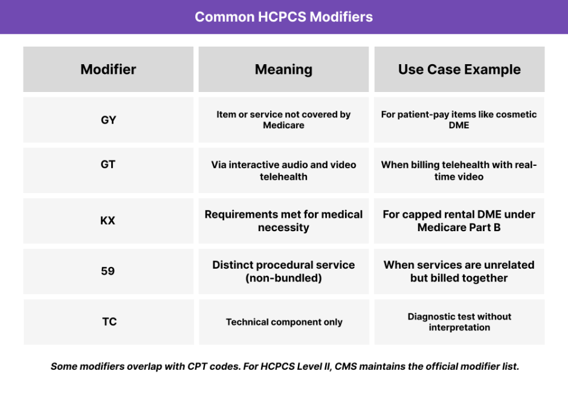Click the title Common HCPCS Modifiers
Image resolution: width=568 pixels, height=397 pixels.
click(x=283, y=16)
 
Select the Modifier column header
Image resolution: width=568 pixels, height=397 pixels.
click(x=108, y=70)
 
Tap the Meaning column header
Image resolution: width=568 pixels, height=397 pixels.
click(x=283, y=70)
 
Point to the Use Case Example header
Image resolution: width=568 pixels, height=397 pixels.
click(x=459, y=70)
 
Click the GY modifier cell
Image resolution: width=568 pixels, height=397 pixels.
click(x=108, y=120)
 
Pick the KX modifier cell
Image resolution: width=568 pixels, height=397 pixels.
click(x=108, y=221)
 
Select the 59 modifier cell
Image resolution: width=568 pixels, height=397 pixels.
click(x=108, y=271)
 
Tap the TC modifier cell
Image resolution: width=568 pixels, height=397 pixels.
click(x=109, y=321)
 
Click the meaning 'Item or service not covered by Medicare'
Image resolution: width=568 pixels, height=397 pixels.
click(x=283, y=120)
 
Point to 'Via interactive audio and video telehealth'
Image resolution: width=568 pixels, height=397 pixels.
click(x=283, y=171)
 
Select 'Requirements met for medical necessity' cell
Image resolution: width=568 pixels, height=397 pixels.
click(x=283, y=221)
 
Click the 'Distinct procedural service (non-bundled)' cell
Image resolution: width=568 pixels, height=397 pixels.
click(x=283, y=271)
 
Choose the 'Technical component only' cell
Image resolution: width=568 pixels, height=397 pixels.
click(x=284, y=322)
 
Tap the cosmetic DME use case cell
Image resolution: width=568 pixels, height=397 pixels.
click(x=459, y=120)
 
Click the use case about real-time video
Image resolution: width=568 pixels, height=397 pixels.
click(x=459, y=171)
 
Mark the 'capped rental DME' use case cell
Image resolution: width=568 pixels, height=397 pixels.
click(x=459, y=221)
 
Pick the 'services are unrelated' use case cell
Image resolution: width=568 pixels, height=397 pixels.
click(x=459, y=271)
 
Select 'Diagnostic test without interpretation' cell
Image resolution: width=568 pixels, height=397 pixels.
click(x=459, y=322)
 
